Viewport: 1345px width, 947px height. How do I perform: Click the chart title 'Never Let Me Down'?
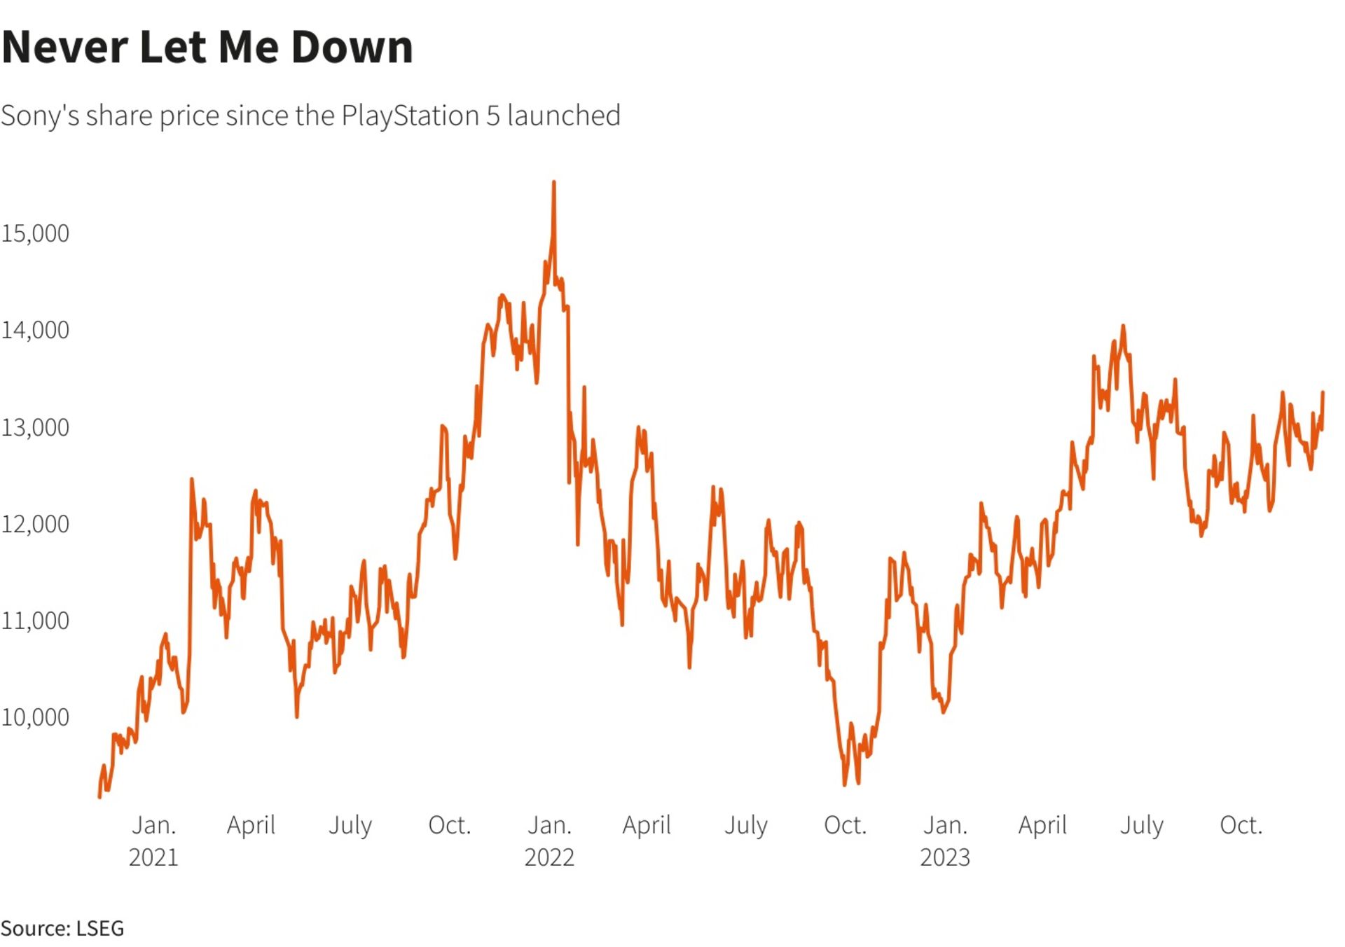pyautogui.click(x=207, y=48)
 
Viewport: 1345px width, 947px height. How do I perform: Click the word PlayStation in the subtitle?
pyautogui.click(x=410, y=116)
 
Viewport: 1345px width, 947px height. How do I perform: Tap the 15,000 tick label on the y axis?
pyautogui.click(x=35, y=233)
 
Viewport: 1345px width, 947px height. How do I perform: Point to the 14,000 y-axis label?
pyautogui.click(x=35, y=330)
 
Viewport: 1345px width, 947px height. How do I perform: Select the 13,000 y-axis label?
pyautogui.click(x=35, y=427)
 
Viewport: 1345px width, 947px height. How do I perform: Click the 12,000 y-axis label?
pyautogui.click(x=35, y=524)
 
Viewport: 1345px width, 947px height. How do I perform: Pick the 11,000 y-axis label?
pyautogui.click(x=35, y=621)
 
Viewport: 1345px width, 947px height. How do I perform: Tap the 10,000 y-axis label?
pyautogui.click(x=35, y=717)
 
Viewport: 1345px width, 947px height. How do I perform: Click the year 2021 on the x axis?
pyautogui.click(x=153, y=857)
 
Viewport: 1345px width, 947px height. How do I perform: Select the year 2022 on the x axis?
pyautogui.click(x=549, y=857)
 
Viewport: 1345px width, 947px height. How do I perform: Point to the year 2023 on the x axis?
pyautogui.click(x=945, y=857)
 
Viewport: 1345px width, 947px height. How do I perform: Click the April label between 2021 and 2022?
pyautogui.click(x=251, y=825)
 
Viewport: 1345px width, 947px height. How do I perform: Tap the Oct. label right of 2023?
pyautogui.click(x=1241, y=825)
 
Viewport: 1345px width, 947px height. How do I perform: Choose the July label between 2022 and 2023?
pyautogui.click(x=746, y=825)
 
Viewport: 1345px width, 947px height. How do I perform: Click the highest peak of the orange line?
pyautogui.click(x=554, y=182)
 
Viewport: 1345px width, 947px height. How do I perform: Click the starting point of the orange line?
pyautogui.click(x=99, y=796)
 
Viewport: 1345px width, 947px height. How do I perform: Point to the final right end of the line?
pyautogui.click(x=1323, y=392)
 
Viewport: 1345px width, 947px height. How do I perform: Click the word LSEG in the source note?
pyautogui.click(x=100, y=929)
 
